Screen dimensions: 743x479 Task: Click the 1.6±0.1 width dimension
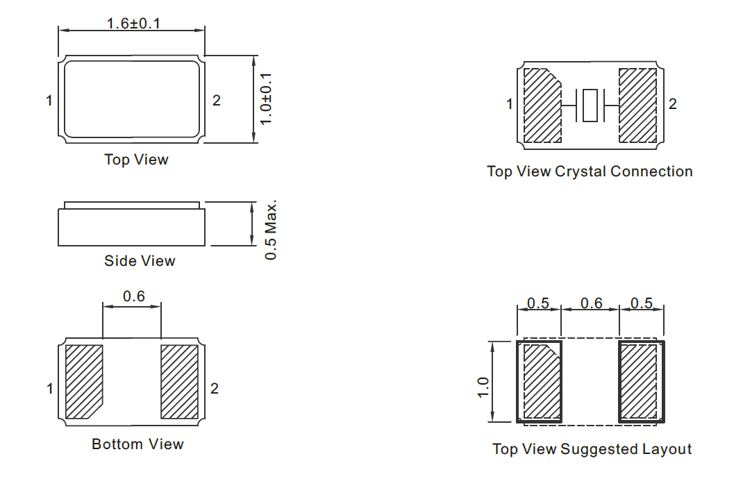[133, 23]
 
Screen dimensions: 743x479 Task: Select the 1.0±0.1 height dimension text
[267, 99]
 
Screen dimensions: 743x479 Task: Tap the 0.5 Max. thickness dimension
[270, 230]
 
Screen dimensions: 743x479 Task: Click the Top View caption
[137, 160]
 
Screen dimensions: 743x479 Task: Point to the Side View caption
[140, 260]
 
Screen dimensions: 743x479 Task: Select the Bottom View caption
[137, 444]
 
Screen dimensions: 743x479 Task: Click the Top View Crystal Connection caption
[590, 171]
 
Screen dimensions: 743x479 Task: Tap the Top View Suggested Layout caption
[592, 449]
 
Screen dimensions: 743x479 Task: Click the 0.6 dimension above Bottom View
[133, 296]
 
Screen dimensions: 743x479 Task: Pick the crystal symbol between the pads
[590, 106]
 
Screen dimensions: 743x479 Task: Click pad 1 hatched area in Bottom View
[84, 382]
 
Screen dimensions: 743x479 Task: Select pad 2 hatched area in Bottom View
[180, 382]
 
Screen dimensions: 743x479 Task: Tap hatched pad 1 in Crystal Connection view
[542, 106]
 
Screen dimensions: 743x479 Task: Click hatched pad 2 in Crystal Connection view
[638, 106]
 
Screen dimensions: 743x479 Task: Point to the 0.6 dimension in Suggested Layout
[592, 303]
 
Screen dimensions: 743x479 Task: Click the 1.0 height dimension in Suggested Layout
[483, 387]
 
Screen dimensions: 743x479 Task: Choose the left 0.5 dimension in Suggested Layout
[538, 303]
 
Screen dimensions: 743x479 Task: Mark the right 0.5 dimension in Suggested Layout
[642, 303]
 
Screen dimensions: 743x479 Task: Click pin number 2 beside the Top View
[217, 101]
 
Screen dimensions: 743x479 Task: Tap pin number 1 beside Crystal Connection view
[510, 103]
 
